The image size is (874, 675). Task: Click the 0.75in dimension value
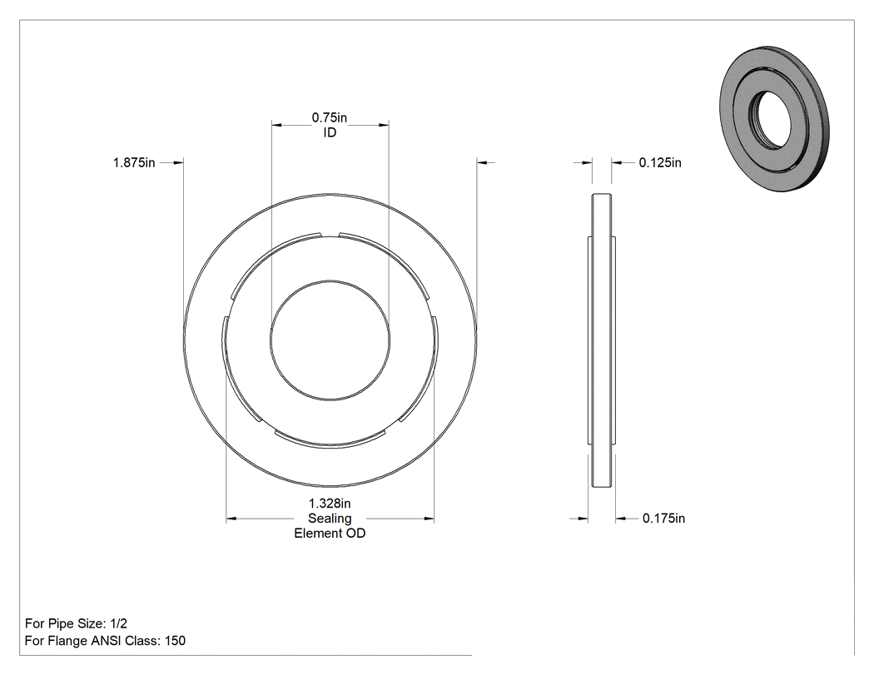click(x=329, y=117)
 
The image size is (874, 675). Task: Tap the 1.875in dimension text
click(x=134, y=163)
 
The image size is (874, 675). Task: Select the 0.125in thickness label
click(x=660, y=163)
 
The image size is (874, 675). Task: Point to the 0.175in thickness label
click(x=663, y=519)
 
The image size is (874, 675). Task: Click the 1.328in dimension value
click(x=330, y=504)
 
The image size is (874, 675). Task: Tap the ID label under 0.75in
click(x=330, y=132)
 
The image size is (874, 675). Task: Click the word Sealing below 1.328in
click(x=330, y=519)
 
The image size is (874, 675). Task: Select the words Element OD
click(x=330, y=534)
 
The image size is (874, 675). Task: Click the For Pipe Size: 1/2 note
click(x=76, y=623)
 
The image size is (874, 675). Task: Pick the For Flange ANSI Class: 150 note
click(x=106, y=641)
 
